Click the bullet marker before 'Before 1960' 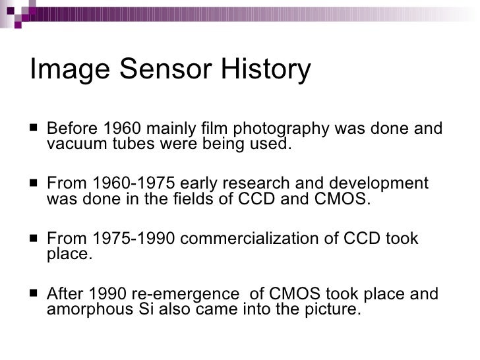[x=34, y=129]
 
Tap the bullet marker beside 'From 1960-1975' [x=34, y=184]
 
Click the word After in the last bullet [x=67, y=293]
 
